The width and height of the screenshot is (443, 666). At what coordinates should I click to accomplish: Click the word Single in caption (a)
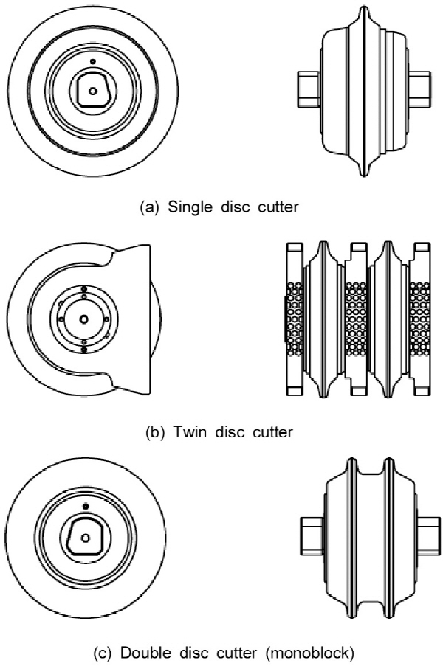pyautogui.click(x=190, y=207)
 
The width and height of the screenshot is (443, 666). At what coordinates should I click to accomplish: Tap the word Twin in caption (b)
pyautogui.click(x=190, y=432)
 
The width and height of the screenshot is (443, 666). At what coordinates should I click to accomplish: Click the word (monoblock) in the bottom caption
pyautogui.click(x=309, y=653)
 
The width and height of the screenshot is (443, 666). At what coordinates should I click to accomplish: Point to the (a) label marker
pyautogui.click(x=149, y=207)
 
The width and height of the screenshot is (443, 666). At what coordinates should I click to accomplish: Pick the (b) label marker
pyautogui.click(x=155, y=432)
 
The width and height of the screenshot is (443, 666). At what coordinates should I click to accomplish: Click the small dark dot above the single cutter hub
pyautogui.click(x=93, y=62)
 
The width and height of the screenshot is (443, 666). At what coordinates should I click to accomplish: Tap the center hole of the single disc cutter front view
pyautogui.click(x=93, y=91)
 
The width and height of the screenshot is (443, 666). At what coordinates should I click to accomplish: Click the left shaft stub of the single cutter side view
pyautogui.click(x=309, y=89)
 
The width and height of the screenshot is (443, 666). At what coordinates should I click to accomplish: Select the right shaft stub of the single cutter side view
pyautogui.click(x=420, y=89)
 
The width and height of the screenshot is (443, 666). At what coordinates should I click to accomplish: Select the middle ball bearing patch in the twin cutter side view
pyautogui.click(x=357, y=319)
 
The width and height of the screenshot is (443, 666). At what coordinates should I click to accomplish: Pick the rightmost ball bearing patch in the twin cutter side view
pyautogui.click(x=419, y=319)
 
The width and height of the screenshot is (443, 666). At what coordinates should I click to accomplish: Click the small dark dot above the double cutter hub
pyautogui.click(x=86, y=506)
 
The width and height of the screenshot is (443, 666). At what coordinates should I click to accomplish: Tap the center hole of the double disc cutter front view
pyautogui.click(x=86, y=538)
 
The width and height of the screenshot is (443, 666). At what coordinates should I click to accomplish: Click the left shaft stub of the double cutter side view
pyautogui.click(x=313, y=536)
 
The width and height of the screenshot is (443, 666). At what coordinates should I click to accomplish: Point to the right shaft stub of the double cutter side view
pyautogui.click(x=428, y=536)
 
